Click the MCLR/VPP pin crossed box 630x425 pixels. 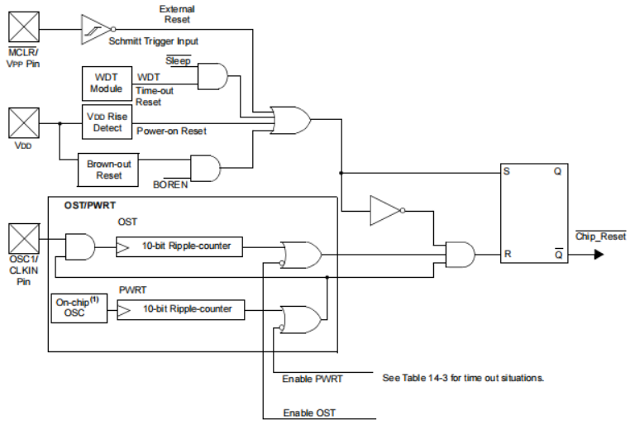pyautogui.click(x=22, y=29)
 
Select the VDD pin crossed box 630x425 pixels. pyautogui.click(x=22, y=124)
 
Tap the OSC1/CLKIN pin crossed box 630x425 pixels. pyautogui.click(x=22, y=240)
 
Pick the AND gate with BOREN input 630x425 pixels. pyautogui.click(x=205, y=168)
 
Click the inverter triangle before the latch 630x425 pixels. pyautogui.click(x=385, y=211)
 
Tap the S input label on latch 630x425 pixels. pyautogui.click(x=506, y=173)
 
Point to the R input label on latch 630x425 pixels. pyautogui.click(x=506, y=255)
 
